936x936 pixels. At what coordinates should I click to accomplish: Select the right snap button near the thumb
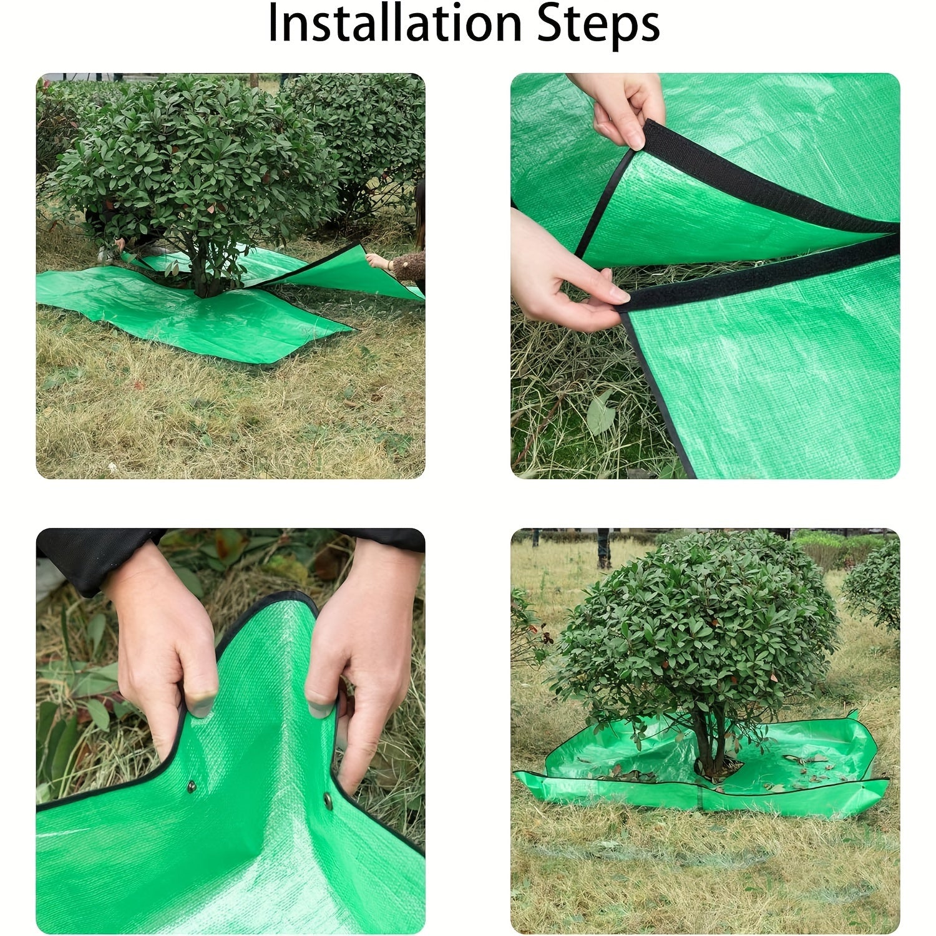328,798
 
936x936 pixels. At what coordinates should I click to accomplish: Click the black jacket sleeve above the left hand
87,555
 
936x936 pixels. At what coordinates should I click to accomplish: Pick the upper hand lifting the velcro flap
624,106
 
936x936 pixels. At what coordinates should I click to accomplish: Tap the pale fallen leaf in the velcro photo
600,412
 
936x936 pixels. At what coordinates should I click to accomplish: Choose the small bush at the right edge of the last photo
874,587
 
